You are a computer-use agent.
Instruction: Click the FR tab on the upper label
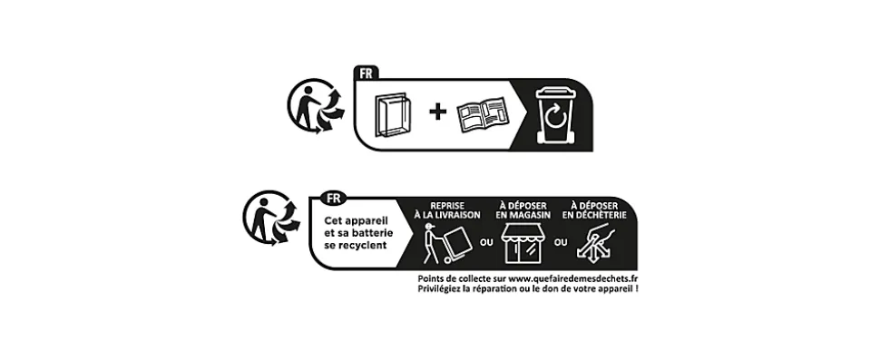click(x=367, y=73)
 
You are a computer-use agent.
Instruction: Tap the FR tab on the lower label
click(x=333, y=198)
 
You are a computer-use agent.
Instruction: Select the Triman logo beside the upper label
click(x=316, y=106)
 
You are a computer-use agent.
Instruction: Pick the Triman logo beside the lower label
click(x=271, y=219)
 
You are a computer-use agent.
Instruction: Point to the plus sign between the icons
click(x=438, y=112)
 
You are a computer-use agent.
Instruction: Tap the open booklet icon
click(x=482, y=116)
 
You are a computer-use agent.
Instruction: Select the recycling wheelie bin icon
click(x=555, y=115)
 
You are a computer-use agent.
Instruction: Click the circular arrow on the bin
click(x=556, y=117)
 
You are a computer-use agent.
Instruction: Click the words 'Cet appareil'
click(x=356, y=221)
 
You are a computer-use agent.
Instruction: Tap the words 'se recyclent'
click(x=356, y=246)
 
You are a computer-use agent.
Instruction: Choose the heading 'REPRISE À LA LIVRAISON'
click(x=447, y=210)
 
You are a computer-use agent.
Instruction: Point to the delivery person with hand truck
click(x=447, y=243)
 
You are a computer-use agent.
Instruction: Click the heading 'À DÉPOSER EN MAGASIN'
click(x=523, y=210)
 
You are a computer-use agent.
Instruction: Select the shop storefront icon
click(x=523, y=243)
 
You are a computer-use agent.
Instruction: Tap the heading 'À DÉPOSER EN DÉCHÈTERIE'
click(x=594, y=210)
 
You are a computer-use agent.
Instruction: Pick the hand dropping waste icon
click(x=595, y=243)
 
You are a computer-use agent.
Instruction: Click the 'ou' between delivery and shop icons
click(x=486, y=243)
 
